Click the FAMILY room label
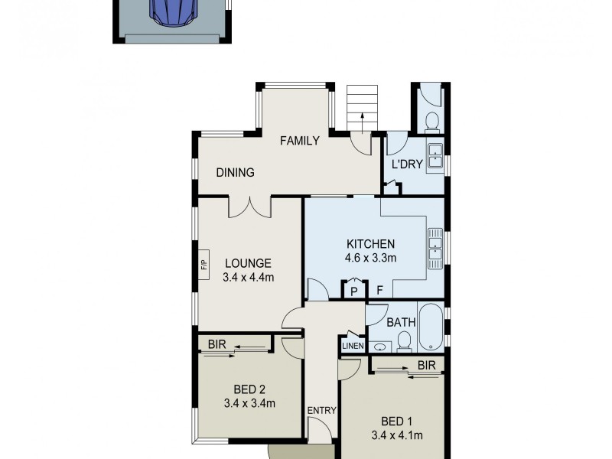click(x=299, y=141)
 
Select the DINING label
click(x=235, y=173)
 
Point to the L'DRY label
click(x=407, y=164)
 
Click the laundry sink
click(x=435, y=155)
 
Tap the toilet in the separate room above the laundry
click(x=431, y=121)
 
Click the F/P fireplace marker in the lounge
click(x=204, y=265)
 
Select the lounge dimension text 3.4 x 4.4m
click(x=249, y=277)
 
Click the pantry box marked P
click(x=353, y=291)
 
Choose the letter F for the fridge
click(x=379, y=291)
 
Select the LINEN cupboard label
click(x=353, y=345)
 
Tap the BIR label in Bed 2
click(x=216, y=344)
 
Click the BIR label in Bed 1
click(x=427, y=366)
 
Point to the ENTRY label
click(x=322, y=410)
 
